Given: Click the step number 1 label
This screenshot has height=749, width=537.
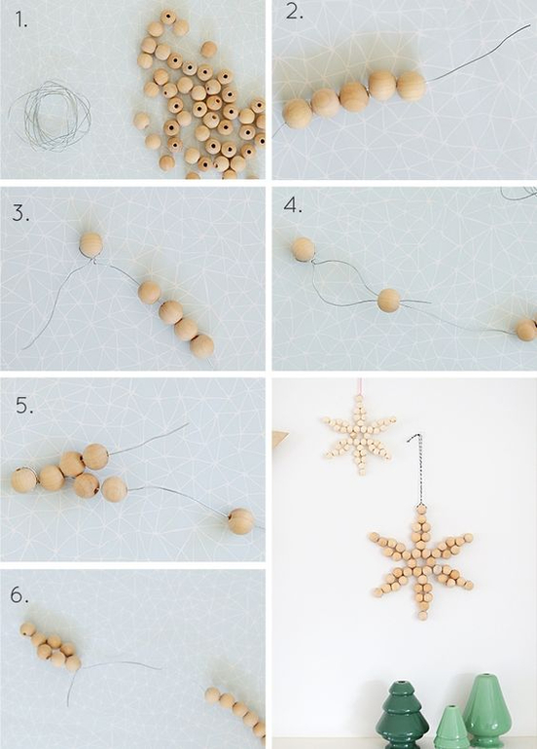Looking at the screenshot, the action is [x=21, y=18].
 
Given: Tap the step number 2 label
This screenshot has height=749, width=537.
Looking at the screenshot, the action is [x=295, y=13].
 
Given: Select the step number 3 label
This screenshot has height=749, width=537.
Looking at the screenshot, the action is [x=20, y=213].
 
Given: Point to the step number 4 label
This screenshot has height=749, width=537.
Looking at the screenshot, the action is [x=293, y=205].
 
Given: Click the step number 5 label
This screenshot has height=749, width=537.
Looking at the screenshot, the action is [x=24, y=406].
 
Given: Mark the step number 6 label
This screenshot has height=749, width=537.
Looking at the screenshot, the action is [x=19, y=594].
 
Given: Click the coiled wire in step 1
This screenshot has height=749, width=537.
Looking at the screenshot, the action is [x=50, y=115].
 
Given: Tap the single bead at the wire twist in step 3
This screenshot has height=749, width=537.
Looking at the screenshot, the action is [x=90, y=243].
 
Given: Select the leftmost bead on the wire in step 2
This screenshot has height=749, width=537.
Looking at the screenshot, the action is [x=297, y=114].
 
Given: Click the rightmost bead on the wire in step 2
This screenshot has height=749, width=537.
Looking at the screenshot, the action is [x=411, y=86].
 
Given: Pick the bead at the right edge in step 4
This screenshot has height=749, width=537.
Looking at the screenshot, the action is [x=526, y=330].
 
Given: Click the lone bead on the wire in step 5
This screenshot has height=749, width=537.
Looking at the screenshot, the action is [x=241, y=521].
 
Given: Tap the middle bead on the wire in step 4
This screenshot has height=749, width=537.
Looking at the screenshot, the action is [x=389, y=301].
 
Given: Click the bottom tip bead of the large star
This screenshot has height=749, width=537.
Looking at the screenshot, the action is [x=423, y=616].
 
